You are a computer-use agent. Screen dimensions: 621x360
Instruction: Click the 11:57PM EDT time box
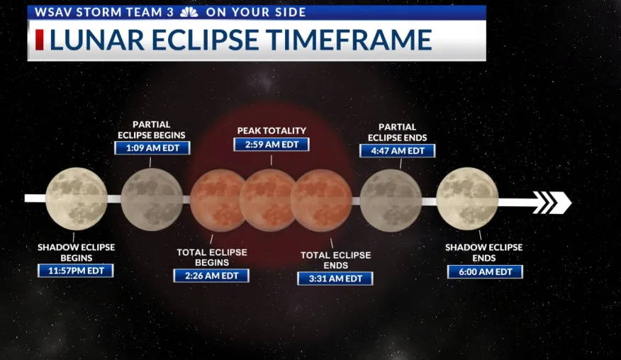76,271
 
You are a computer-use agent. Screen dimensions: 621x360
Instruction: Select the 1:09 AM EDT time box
152,147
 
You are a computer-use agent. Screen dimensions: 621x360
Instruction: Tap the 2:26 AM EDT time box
211,276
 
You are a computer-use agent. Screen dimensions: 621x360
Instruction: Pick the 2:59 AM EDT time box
272,145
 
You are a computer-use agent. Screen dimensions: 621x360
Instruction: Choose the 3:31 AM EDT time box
335,279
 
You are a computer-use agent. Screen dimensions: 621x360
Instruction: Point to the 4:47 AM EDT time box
397,151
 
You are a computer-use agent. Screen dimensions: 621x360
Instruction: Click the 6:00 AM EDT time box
485,271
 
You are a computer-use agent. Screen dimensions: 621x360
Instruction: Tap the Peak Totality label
272,130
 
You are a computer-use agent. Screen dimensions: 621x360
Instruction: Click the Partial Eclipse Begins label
152,130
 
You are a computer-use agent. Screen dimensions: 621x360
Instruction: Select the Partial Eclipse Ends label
397,133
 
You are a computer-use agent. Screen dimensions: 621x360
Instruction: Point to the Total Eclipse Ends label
336,260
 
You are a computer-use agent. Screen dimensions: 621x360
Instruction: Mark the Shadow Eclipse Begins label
76,252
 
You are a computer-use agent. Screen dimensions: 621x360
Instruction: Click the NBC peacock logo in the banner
189,12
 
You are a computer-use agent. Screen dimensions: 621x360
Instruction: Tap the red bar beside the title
40,40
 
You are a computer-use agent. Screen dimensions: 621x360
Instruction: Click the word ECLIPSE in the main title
204,40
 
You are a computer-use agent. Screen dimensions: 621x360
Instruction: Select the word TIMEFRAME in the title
349,40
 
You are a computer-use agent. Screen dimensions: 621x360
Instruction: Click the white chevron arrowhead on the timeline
552,203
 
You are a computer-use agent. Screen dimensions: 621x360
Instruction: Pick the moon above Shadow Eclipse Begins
77,198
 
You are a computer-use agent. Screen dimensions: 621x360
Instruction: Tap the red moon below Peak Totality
269,200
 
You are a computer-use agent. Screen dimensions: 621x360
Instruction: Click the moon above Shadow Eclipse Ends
467,199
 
